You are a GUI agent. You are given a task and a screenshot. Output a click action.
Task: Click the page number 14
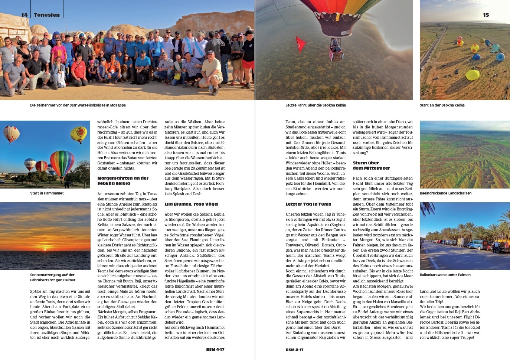coord(24,15)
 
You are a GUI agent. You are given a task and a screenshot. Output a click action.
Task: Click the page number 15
coord(486,15)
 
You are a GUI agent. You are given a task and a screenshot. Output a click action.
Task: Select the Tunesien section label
coord(47,15)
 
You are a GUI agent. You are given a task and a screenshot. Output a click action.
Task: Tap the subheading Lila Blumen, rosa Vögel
coord(192,204)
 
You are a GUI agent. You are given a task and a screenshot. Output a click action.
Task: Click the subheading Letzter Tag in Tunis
coord(308,204)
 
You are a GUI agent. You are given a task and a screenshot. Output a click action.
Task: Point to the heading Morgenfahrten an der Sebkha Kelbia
coord(123,181)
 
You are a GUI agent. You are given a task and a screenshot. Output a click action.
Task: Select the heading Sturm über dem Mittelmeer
coord(371,166)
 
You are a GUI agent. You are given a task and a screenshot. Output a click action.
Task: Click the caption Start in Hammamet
coord(47,193)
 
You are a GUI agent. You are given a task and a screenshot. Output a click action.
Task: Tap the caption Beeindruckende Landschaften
coord(445,193)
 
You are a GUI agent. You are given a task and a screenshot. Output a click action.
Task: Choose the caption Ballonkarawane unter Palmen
coord(445,275)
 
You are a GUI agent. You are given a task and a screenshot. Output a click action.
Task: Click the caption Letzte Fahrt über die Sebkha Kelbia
coord(316,105)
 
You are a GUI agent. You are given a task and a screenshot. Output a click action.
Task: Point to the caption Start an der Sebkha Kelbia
coord(442,105)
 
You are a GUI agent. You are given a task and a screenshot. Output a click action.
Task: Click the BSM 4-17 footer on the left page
coord(215,350)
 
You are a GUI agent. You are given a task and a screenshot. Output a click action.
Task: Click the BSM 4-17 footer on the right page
coord(295,350)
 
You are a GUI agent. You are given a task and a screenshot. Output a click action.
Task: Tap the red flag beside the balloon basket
coord(300,44)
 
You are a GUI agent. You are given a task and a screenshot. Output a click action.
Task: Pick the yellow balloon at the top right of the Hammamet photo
coord(79,134)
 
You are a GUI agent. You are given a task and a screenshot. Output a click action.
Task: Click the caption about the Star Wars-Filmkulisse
coord(78,105)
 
